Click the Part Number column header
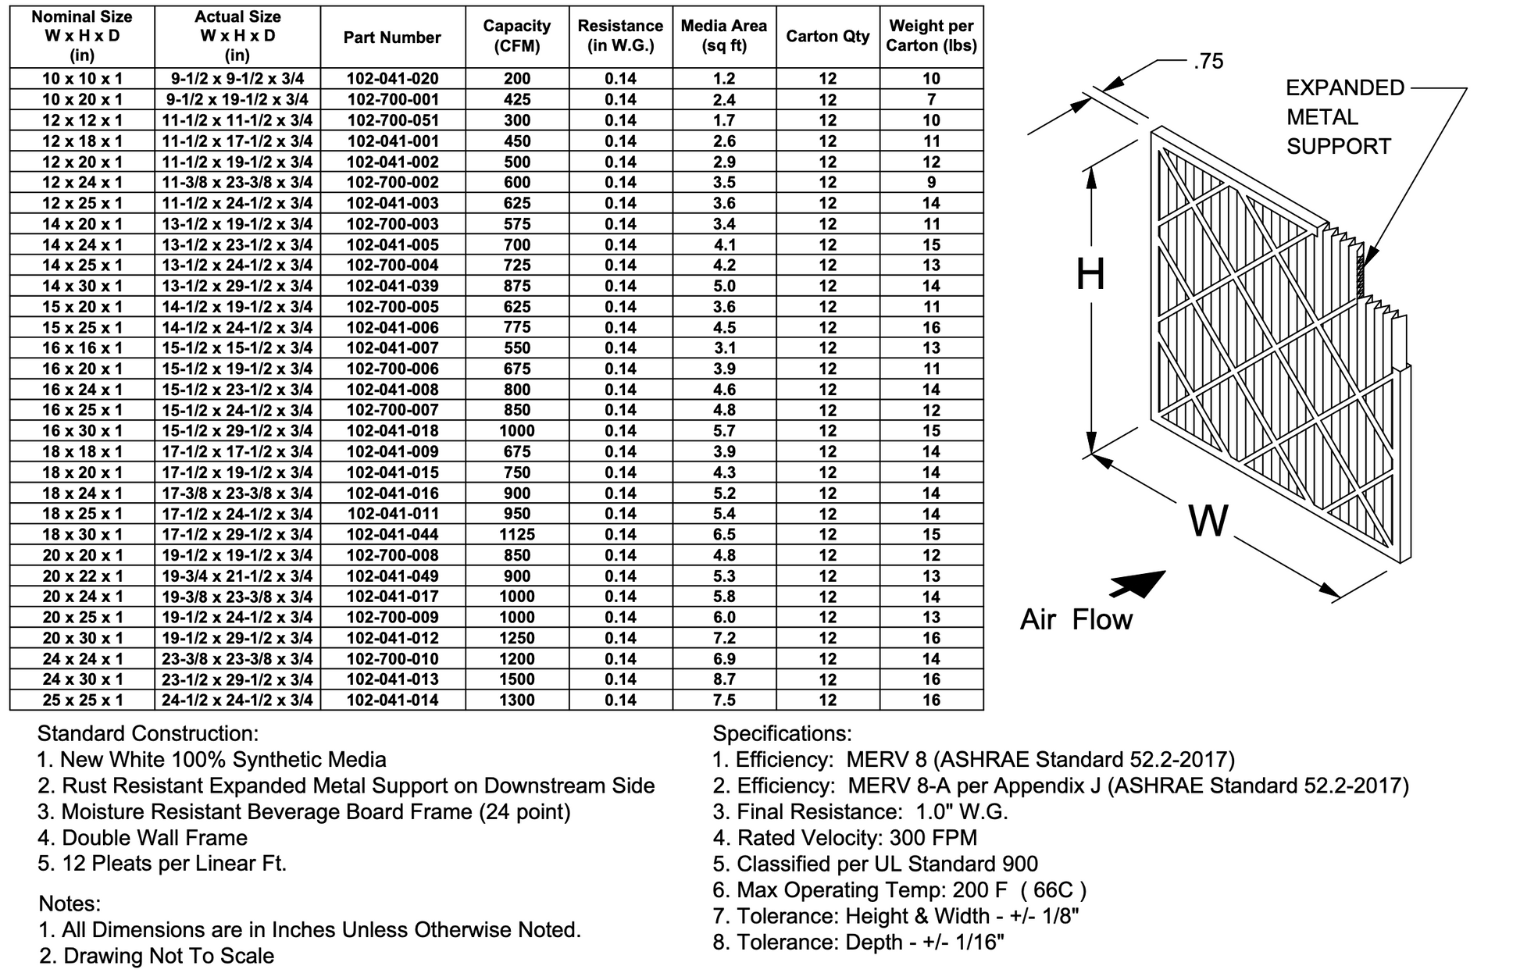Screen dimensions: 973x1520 [x=392, y=37]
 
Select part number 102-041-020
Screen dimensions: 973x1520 [x=392, y=79]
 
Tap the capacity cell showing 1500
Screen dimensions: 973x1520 [x=517, y=679]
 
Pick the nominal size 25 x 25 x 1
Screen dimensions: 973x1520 [x=82, y=700]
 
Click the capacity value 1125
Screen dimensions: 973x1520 [x=517, y=535]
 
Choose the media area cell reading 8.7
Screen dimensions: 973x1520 [x=724, y=679]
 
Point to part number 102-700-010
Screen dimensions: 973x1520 [x=392, y=659]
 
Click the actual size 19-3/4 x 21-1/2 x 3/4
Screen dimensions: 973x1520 [x=237, y=576]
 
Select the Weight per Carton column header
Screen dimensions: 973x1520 [x=931, y=36]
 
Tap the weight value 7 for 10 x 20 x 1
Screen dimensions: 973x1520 [x=931, y=100]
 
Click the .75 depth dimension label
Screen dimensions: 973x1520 [x=1208, y=62]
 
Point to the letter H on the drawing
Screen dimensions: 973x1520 [x=1090, y=275]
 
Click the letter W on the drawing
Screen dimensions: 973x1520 [x=1208, y=521]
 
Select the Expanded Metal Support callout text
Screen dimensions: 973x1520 [x=1344, y=117]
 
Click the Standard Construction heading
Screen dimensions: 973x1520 [x=148, y=734]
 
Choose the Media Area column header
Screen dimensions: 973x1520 [x=724, y=36]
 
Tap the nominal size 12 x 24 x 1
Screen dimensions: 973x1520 [x=82, y=183]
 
